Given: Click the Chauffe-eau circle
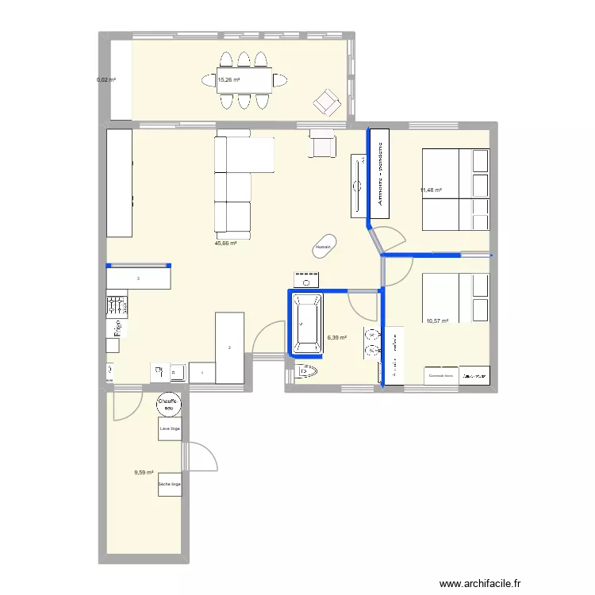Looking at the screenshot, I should [167, 404].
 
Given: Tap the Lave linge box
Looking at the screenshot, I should [169, 428].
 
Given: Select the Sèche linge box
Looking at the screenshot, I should [169, 484].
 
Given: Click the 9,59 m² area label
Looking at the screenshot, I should [144, 473].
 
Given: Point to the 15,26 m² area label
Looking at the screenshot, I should [228, 79].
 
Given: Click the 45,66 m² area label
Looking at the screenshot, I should [225, 244].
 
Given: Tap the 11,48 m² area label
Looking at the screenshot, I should [431, 190].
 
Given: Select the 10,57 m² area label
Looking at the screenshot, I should [437, 321].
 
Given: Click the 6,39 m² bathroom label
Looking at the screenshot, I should [337, 337].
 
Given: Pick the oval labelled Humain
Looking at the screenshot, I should [323, 247].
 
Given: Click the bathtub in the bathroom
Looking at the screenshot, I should [306, 323].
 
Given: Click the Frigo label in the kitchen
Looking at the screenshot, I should [116, 326].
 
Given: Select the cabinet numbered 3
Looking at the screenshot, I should [139, 278].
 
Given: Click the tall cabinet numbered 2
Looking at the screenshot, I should [229, 347].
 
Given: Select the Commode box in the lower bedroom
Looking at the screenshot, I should [440, 375].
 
